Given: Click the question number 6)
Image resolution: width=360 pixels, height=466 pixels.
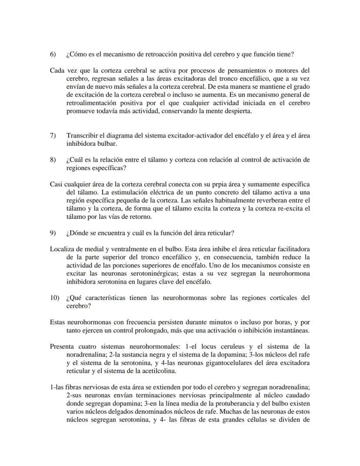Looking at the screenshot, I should click(53, 54).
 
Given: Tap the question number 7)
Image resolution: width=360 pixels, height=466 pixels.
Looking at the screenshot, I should click(53, 136).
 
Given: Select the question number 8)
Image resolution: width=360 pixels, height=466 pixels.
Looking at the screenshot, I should click(53, 160).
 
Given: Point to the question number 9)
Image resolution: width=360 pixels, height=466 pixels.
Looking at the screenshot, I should click(53, 233).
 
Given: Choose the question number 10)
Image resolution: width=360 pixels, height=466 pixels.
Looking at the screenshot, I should click(54, 298).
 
